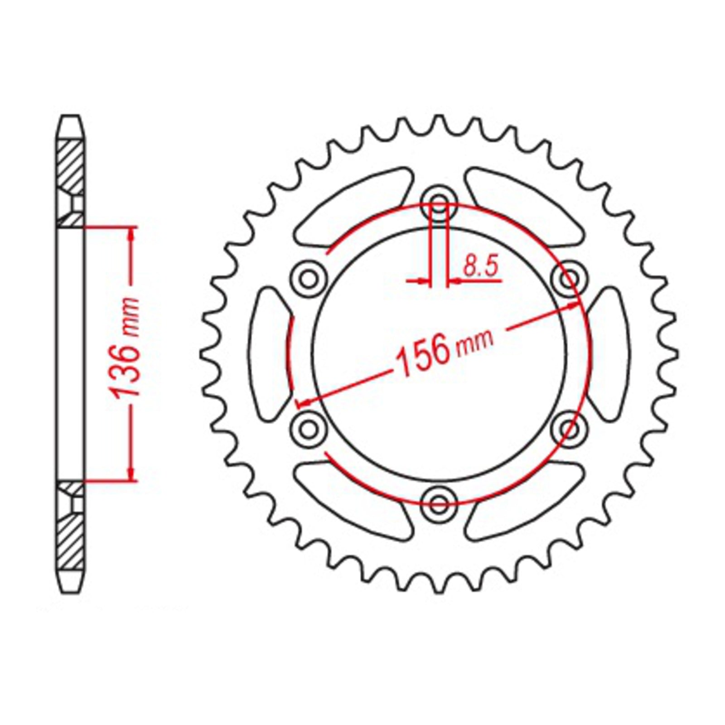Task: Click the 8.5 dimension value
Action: pos(480,267)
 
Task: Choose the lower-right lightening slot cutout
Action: pos(526,498)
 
